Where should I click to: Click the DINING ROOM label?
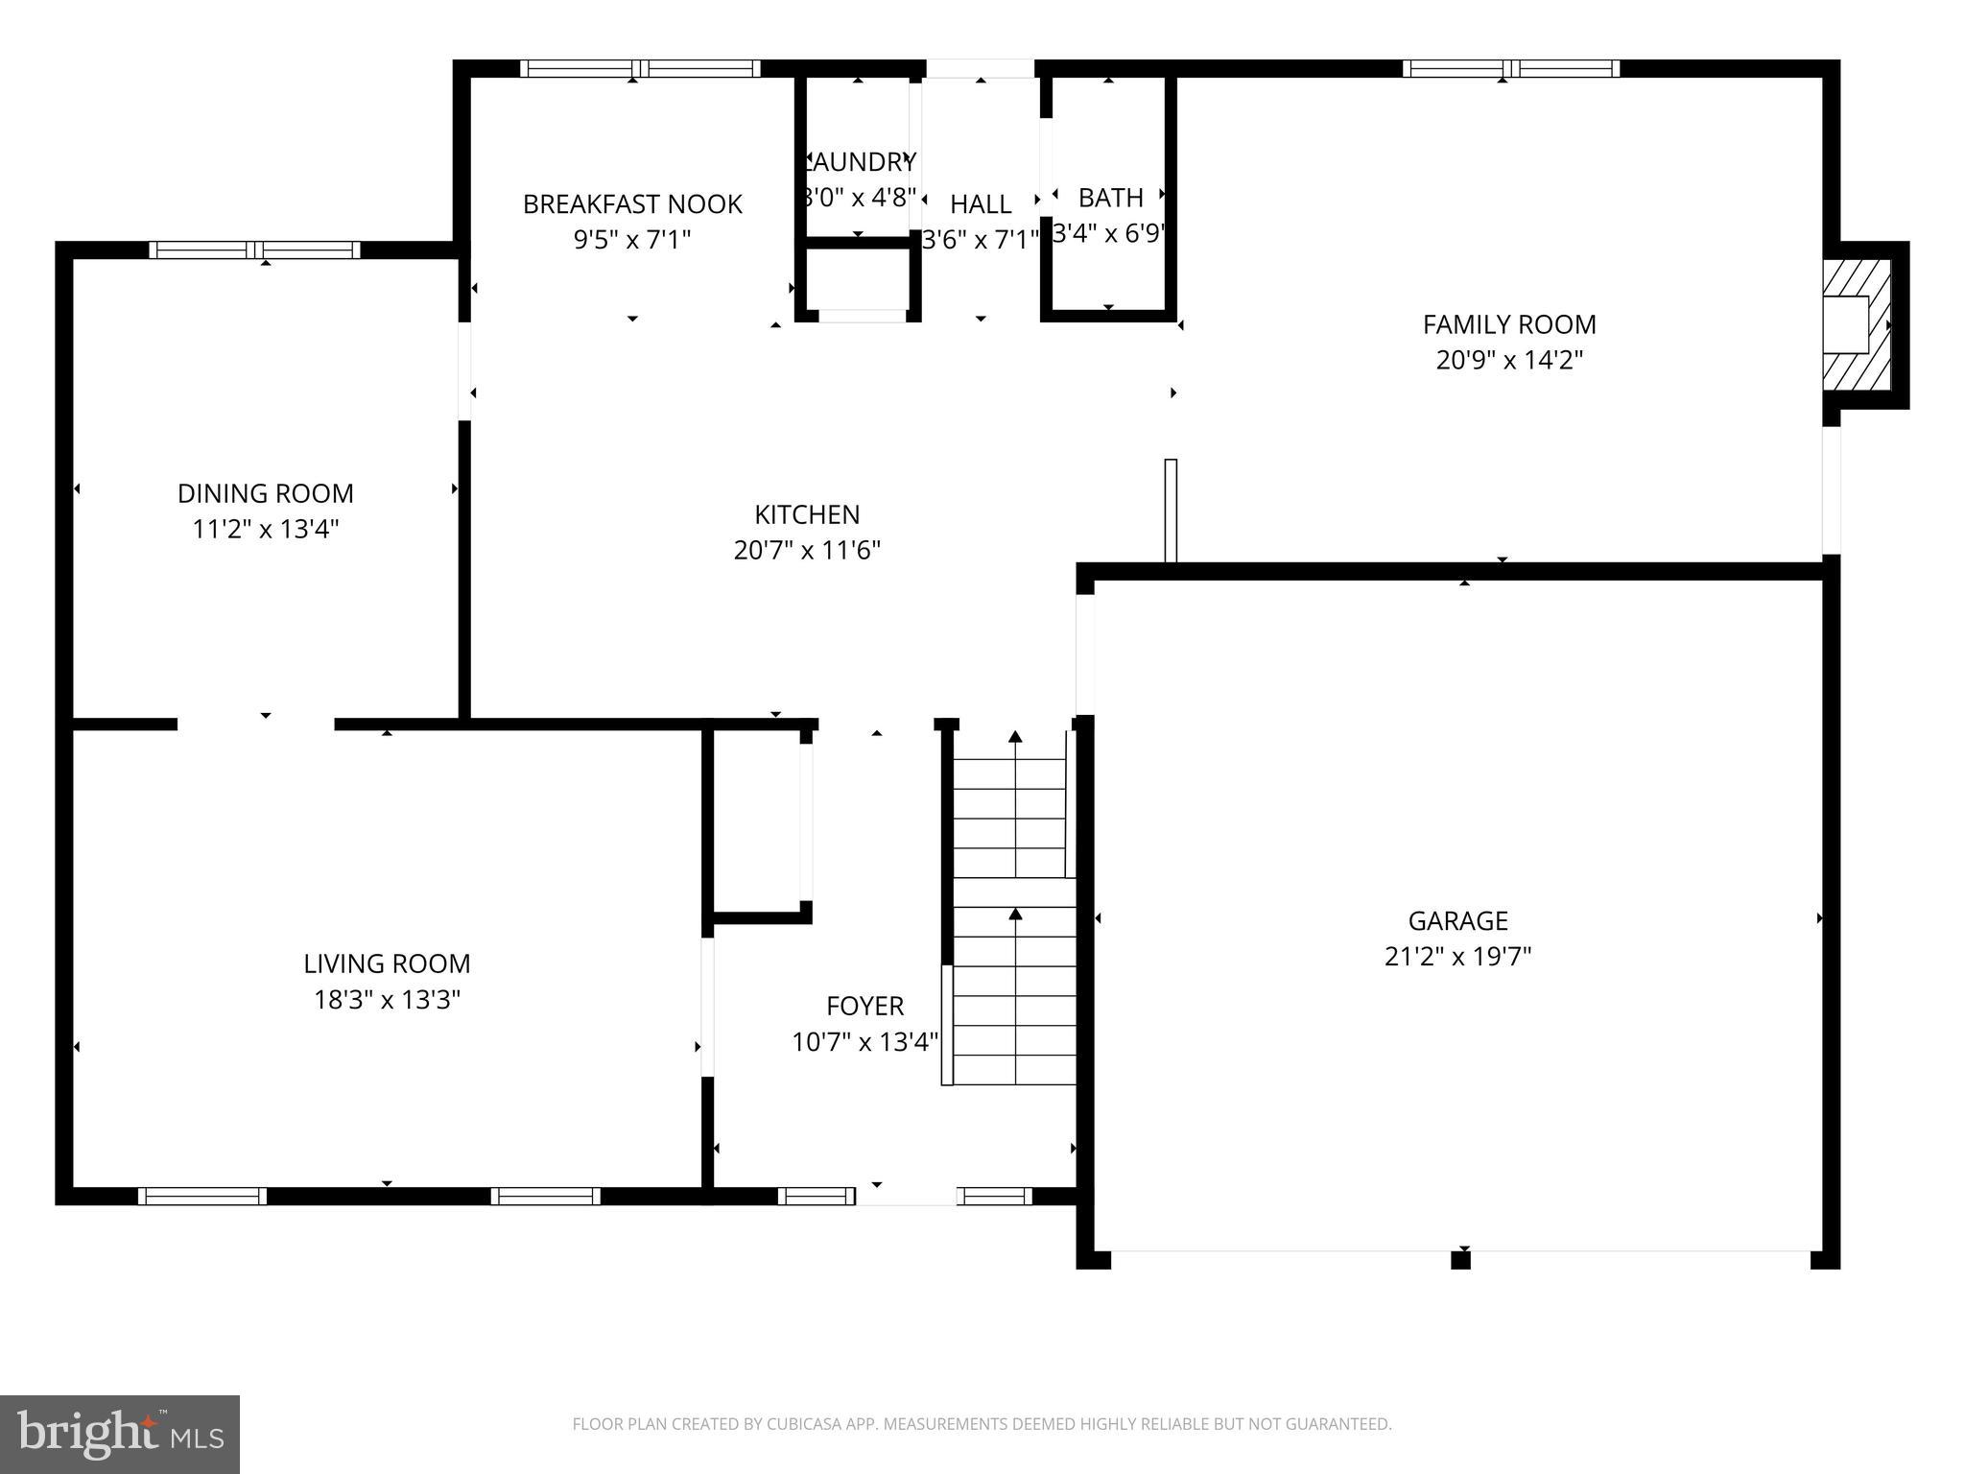(x=266, y=493)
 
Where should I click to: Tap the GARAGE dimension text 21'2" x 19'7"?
(x=1457, y=957)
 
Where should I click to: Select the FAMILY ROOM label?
(x=1509, y=324)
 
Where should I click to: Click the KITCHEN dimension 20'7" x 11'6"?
(x=807, y=550)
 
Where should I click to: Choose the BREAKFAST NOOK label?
(x=632, y=203)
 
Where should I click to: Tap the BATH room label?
(x=1110, y=198)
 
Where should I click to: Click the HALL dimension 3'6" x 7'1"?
(x=981, y=239)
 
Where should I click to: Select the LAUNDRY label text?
(x=860, y=161)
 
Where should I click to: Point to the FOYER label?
(x=864, y=1006)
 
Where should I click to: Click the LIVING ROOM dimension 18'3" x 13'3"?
(x=387, y=1000)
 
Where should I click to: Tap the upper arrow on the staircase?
(x=1015, y=737)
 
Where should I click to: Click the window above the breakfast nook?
(x=640, y=68)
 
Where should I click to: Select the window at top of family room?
(x=1510, y=68)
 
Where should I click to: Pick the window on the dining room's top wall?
(x=254, y=250)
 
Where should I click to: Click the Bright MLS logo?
(x=120, y=1434)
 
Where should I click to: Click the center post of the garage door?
(x=1460, y=1259)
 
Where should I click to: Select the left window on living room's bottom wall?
(x=202, y=1196)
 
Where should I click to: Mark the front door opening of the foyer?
(x=906, y=1196)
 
